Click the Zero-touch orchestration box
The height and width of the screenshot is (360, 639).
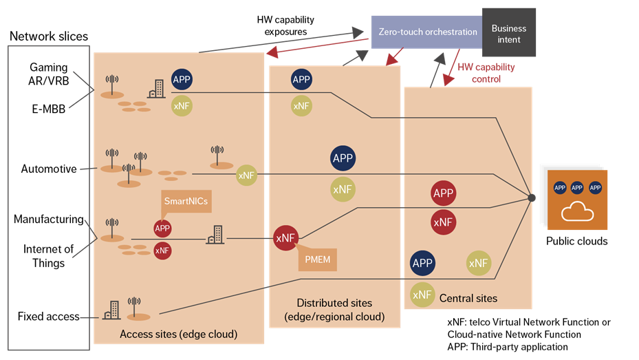pos(427,32)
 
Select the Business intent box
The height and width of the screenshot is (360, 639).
pos(508,34)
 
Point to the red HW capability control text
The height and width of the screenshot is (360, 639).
pos(486,73)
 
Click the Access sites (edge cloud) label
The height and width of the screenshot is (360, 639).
pos(178,335)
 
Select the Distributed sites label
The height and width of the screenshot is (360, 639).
pos(334,310)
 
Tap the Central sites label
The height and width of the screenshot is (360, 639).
pos(468,298)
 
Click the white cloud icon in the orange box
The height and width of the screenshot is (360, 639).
pos(577,212)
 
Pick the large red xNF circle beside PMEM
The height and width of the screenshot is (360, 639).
pos(285,238)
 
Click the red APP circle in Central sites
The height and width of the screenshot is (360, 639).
pos(443,193)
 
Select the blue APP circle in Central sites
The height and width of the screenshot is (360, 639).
pos(422,263)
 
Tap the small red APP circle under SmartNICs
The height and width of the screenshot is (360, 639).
pos(162,229)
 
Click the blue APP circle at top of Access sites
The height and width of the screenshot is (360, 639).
pos(182,79)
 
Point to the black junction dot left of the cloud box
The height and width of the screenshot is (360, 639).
pos(532,198)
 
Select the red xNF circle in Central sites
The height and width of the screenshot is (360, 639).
pos(443,222)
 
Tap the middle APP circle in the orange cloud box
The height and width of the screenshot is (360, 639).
pos(578,188)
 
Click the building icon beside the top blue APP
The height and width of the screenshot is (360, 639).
pos(155,88)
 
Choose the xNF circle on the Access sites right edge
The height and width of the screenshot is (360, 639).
pos(246,176)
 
